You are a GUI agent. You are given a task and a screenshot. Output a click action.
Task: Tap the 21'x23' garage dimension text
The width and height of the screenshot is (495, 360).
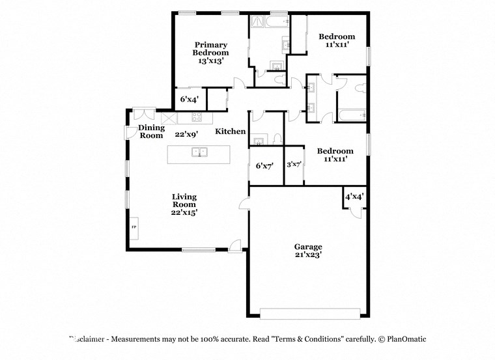click(308, 255)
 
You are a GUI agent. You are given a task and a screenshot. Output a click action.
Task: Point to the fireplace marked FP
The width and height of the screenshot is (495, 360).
click(134, 227)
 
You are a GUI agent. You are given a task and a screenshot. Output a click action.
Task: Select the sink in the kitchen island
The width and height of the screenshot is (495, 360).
click(199, 153)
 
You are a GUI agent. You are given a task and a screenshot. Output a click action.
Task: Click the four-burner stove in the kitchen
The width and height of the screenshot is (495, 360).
click(197, 118)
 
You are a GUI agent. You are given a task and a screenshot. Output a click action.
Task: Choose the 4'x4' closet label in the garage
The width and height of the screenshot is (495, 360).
click(354, 196)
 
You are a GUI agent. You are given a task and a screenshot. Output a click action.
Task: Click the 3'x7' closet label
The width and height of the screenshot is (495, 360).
click(294, 165)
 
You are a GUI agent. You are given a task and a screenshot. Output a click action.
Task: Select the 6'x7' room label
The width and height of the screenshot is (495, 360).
click(264, 166)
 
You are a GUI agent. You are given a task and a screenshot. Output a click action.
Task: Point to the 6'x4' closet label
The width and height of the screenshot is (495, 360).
click(190, 99)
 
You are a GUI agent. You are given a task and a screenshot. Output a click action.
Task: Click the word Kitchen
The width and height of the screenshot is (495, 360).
click(231, 132)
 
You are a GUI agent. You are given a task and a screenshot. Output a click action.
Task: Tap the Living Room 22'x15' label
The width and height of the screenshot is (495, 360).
click(184, 204)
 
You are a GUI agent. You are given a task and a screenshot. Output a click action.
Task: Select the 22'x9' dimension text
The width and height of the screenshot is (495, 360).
click(187, 135)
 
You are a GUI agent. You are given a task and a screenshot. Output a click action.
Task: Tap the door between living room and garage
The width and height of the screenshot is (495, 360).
click(244, 204)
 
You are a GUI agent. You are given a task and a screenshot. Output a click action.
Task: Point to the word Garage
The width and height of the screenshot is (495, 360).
click(308, 247)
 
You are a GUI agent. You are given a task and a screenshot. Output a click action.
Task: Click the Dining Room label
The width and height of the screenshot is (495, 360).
click(151, 132)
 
